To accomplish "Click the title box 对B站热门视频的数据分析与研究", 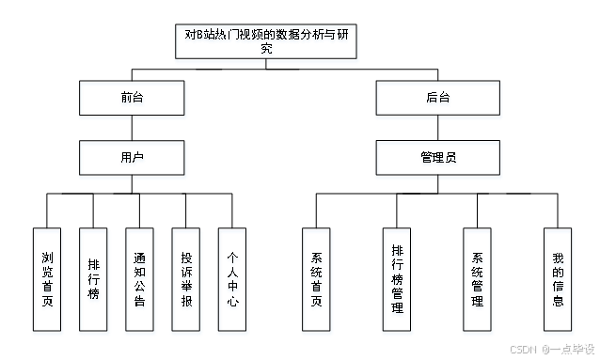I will pyautogui.click(x=266, y=43).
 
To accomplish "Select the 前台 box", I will pyautogui.click(x=133, y=99).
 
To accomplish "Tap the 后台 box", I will pyautogui.click(x=438, y=99).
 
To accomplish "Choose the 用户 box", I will pyautogui.click(x=133, y=159).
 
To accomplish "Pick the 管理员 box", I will pyautogui.click(x=438, y=159).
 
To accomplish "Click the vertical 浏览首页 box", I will pyautogui.click(x=47, y=281).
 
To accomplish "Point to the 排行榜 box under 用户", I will pyautogui.click(x=93, y=281).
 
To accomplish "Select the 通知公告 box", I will pyautogui.click(x=140, y=281).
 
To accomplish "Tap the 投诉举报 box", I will pyautogui.click(x=186, y=281).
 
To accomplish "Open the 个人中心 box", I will pyautogui.click(x=233, y=281).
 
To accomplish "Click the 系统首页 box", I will pyautogui.click(x=317, y=281).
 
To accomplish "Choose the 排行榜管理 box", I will pyautogui.click(x=398, y=281).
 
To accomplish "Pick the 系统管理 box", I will pyautogui.click(x=478, y=281).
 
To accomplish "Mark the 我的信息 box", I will pyautogui.click(x=559, y=281).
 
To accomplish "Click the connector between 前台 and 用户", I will pyautogui.click(x=133, y=129).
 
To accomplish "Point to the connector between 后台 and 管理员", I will pyautogui.click(x=438, y=129).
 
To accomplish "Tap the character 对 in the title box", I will pyautogui.click(x=189, y=35).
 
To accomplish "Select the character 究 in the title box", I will pyautogui.click(x=266, y=52).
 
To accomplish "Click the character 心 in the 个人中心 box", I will pyautogui.click(x=233, y=305).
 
